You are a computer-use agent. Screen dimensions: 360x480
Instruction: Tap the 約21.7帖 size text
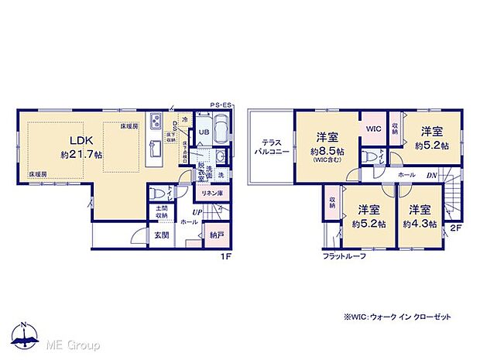coord(81,155)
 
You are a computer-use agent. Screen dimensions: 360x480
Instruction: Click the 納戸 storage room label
coord(215,235)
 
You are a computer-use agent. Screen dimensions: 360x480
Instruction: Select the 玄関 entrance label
coord(160,235)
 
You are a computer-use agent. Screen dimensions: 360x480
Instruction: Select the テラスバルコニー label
coord(270,146)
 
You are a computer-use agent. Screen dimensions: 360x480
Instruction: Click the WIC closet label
coord(373,129)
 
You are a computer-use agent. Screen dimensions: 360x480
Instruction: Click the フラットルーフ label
coord(345,256)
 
